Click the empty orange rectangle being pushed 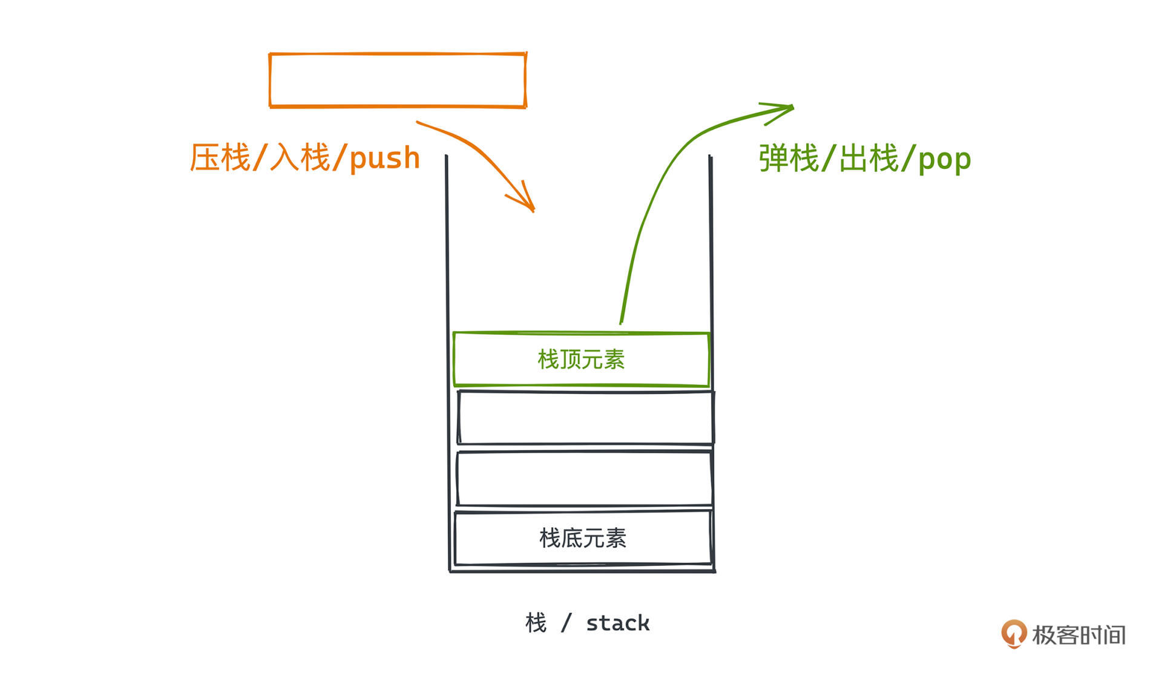[x=398, y=80]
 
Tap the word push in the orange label [x=384, y=159]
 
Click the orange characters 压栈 [x=220, y=158]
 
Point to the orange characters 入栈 [x=300, y=158]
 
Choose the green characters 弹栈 [x=789, y=159]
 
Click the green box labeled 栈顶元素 [x=581, y=360]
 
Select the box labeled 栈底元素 [x=582, y=538]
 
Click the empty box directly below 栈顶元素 [x=585, y=418]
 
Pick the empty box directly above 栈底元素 [x=584, y=478]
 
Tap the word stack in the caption [x=617, y=623]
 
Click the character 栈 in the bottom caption [x=536, y=623]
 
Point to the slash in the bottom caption [x=566, y=623]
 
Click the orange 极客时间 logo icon [x=1014, y=634]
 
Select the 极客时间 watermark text [x=1078, y=635]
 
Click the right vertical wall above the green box [x=711, y=242]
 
